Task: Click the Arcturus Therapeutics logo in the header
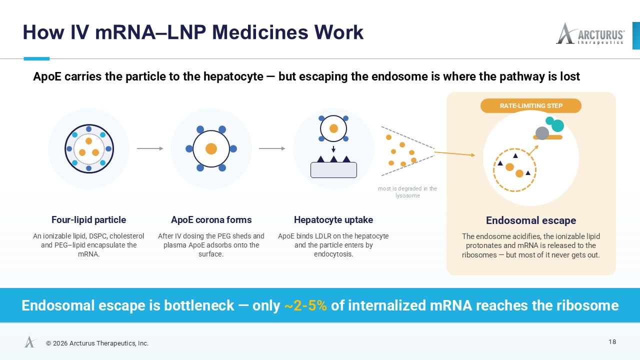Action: [x=590, y=33]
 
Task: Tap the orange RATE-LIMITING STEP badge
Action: [x=531, y=105]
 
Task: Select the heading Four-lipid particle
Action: [x=88, y=219]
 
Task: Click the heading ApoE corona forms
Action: [x=211, y=219]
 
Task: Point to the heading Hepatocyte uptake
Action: [x=333, y=219]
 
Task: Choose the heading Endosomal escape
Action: [x=531, y=220]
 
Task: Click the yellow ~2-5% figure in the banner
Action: [x=305, y=305]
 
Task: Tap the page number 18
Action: [x=612, y=342]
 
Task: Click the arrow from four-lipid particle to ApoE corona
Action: [x=150, y=148]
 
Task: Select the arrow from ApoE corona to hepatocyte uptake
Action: [x=272, y=148]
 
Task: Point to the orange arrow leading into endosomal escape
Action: [x=455, y=154]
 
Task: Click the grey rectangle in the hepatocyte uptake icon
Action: [x=333, y=170]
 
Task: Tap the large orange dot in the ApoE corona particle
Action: [x=211, y=148]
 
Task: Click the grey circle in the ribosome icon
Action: [x=542, y=133]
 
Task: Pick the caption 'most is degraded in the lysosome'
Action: [x=407, y=192]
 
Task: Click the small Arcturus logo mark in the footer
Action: [x=30, y=341]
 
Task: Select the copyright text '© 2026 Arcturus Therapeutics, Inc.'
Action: [x=97, y=343]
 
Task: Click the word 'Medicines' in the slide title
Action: [x=260, y=32]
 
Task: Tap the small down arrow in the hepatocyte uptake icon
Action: [x=333, y=149]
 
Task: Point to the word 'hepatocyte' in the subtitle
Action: [x=233, y=76]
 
